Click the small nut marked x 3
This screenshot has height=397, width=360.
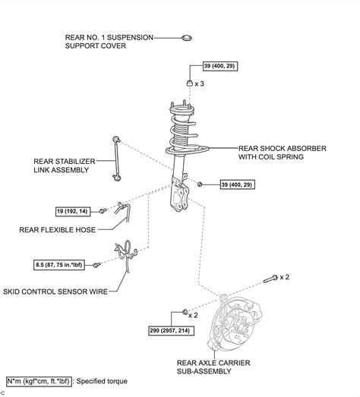[x=188, y=83]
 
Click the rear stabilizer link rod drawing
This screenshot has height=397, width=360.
[x=117, y=157]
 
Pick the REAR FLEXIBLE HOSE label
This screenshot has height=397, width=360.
[x=58, y=228]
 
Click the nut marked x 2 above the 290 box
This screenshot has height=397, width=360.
[x=185, y=312]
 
